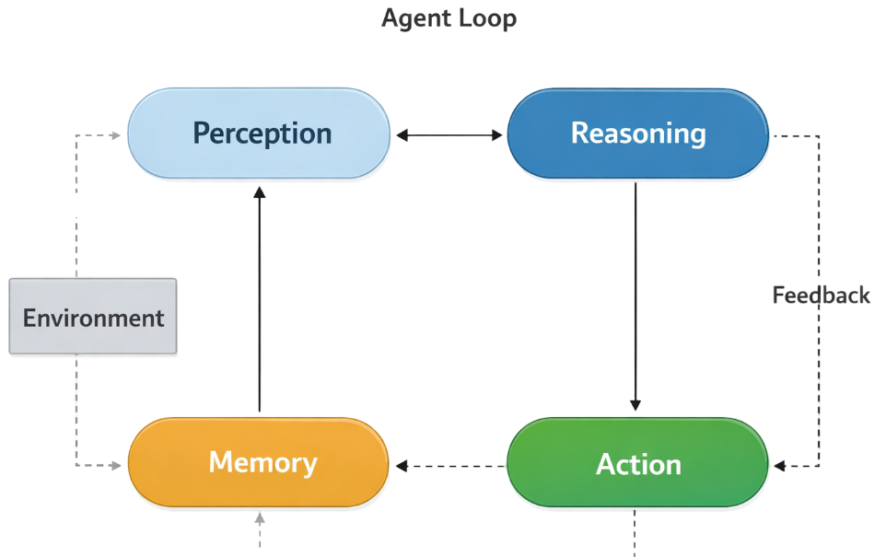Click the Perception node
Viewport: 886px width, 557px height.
point(258,133)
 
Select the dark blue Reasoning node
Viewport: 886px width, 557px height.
point(638,133)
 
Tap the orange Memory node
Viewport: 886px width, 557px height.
point(258,462)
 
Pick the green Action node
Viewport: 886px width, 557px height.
point(638,464)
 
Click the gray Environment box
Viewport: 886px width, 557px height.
point(93,318)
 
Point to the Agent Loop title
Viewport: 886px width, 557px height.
point(449,18)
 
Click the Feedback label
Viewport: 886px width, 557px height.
point(821,296)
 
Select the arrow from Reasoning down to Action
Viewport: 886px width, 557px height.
point(635,295)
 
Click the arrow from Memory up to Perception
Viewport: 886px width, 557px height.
point(260,299)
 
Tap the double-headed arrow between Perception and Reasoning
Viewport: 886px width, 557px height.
point(449,135)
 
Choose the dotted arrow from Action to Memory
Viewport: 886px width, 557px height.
point(449,467)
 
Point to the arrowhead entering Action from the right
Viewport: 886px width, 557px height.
point(779,466)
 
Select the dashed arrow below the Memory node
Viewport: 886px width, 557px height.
point(260,529)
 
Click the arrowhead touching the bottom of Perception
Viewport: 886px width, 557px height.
point(260,191)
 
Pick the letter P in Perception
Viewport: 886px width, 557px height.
point(202,133)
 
